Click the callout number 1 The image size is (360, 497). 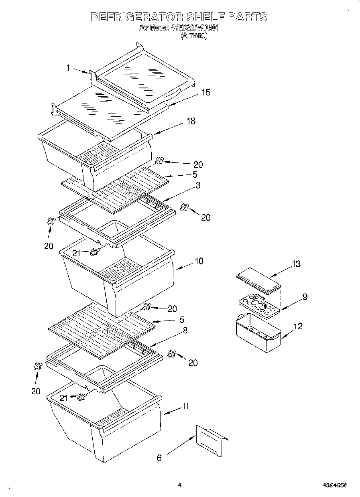click(68, 68)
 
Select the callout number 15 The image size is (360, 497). click(205, 92)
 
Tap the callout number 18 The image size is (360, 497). click(191, 121)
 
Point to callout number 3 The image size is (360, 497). click(198, 185)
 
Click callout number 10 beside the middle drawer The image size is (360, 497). click(199, 261)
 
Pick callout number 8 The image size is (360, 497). click(185, 331)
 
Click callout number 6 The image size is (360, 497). click(159, 458)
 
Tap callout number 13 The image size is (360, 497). click(296, 264)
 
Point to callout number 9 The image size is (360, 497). click(305, 297)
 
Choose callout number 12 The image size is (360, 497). click(298, 326)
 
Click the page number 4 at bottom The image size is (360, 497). click(179, 485)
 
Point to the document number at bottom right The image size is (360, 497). click(334, 485)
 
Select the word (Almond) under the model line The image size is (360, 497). click(194, 36)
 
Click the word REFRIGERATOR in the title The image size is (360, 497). click(137, 17)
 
